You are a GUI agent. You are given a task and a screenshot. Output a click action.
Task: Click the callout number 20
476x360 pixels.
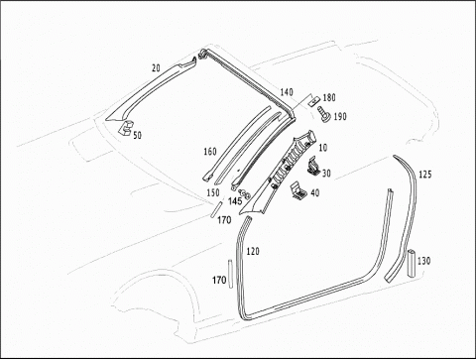point(156,68)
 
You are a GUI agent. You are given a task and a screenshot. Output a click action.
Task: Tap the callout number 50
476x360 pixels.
point(137,135)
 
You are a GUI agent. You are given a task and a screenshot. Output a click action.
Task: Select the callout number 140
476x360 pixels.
point(287,92)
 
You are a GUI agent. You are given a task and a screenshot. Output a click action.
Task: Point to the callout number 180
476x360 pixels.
point(329,97)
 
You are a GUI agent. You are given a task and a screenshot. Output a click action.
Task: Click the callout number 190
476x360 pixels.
point(340,116)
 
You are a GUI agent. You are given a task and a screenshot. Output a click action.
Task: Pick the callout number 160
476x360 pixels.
point(210,152)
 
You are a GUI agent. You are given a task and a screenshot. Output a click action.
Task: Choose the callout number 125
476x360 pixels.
point(425,175)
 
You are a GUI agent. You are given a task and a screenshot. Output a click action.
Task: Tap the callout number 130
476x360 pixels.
point(423,261)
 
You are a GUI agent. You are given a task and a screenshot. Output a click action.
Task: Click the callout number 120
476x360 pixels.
point(253,252)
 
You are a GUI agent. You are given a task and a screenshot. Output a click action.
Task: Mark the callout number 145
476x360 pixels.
point(235,201)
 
